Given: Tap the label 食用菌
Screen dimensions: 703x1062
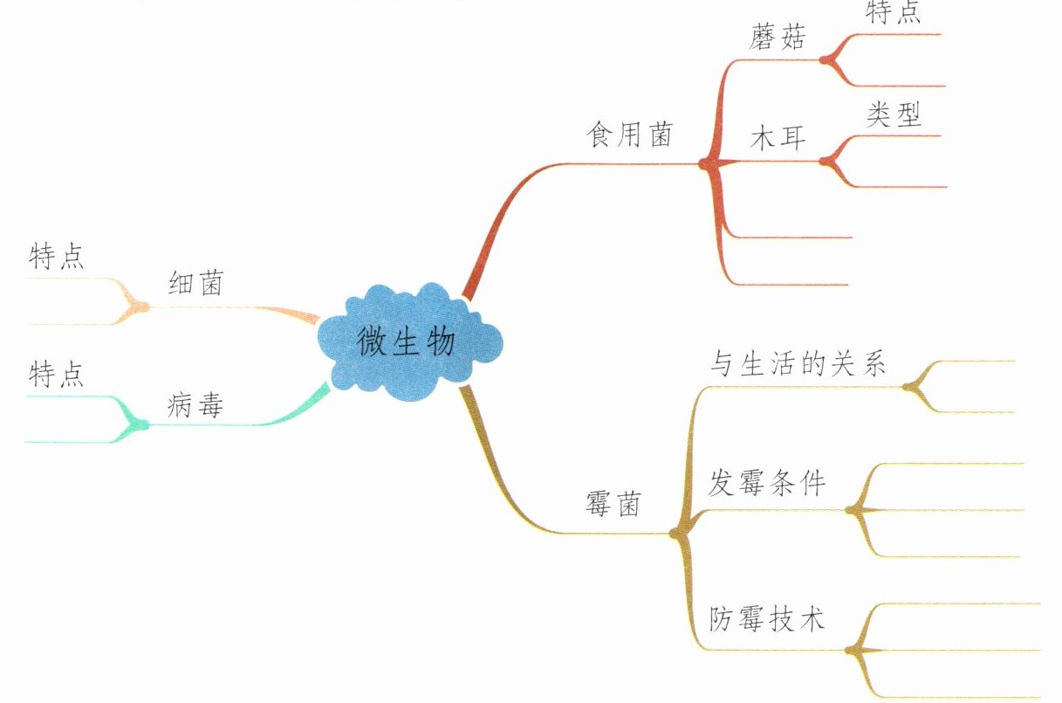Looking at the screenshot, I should [x=629, y=135].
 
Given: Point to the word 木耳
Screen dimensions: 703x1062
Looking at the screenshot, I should [x=778, y=141].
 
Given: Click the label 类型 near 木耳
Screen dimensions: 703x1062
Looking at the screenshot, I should [x=894, y=114].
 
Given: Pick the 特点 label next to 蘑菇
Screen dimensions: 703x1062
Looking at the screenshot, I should [x=894, y=12].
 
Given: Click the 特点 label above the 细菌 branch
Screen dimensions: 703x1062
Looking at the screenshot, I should [x=57, y=257].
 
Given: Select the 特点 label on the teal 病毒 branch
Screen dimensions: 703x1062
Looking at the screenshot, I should [x=57, y=376].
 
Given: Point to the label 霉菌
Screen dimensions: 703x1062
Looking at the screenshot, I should [x=612, y=504].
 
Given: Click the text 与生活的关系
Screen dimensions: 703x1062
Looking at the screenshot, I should [x=798, y=364].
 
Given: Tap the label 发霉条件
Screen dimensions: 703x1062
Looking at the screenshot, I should [x=766, y=485].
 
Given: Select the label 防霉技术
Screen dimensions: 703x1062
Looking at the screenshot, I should [x=766, y=621].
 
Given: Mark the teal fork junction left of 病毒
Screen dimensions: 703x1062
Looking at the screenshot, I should [x=138, y=425].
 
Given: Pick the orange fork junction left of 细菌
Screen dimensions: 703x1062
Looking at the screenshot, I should [x=138, y=306].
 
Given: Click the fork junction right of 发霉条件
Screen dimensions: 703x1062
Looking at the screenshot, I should [x=853, y=510].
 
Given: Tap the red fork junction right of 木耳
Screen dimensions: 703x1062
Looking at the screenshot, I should [x=825, y=161].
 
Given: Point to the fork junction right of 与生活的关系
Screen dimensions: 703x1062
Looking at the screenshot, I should [x=911, y=386].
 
